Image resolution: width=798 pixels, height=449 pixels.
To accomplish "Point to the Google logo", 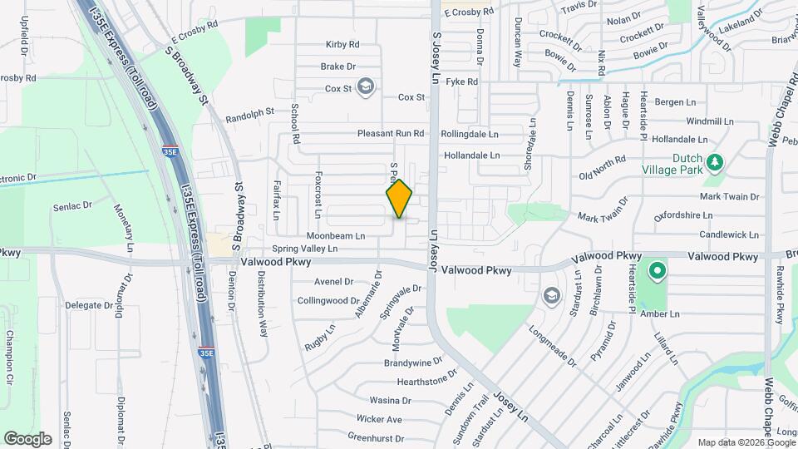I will click(x=27, y=438).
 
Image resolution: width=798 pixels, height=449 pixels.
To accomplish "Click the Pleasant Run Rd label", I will click(x=391, y=133).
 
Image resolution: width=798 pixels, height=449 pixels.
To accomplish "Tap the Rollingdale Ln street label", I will click(x=470, y=133).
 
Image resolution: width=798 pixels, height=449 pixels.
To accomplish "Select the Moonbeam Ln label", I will click(x=336, y=236).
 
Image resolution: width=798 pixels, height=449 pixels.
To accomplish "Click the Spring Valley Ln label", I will click(x=305, y=249).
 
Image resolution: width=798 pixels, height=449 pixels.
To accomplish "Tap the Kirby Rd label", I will click(x=342, y=44).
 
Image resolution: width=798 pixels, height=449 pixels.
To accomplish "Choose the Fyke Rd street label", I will click(x=461, y=81).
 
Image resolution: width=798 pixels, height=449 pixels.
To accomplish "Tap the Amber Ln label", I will click(x=664, y=313).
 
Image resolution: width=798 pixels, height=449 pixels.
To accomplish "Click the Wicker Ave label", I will click(x=379, y=419).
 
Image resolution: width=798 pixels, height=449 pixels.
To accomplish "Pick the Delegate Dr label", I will click(x=83, y=305).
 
